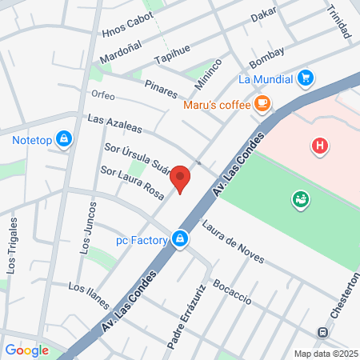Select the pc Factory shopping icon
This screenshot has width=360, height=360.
(x=181, y=239)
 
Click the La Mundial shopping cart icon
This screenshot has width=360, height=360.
(x=305, y=78)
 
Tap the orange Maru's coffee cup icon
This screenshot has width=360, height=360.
(x=262, y=103)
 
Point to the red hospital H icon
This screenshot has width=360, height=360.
(x=320, y=146)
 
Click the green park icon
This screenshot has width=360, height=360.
(x=301, y=198)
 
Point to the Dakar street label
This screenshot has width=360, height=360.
(x=263, y=14)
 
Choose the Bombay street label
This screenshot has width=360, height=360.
(x=266, y=58)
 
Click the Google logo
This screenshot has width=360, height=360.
(x=26, y=350)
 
